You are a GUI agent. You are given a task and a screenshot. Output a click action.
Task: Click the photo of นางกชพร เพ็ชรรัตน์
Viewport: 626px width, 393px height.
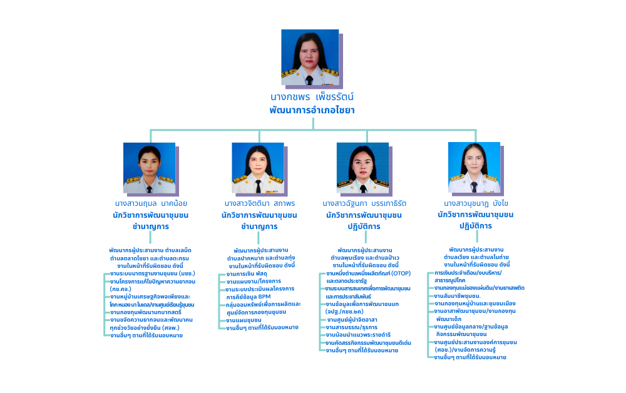pos(310,57)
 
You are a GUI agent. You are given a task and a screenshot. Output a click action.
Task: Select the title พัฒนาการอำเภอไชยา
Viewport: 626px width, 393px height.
pos(312,110)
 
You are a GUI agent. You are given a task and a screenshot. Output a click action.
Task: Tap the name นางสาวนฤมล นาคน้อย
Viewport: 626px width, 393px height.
pos(151,203)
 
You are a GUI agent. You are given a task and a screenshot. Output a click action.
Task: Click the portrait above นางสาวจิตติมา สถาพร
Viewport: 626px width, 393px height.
pos(258,168)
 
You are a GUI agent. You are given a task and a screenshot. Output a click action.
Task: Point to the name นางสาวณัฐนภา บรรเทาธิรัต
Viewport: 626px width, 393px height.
pos(364,203)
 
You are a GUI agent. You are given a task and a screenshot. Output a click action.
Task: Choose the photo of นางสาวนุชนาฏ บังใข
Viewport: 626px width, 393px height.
pos(474,167)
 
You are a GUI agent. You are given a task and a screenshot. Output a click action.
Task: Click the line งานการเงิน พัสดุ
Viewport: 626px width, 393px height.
pos(246,274)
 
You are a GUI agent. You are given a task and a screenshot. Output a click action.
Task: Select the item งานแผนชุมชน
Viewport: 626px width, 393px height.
pos(244,320)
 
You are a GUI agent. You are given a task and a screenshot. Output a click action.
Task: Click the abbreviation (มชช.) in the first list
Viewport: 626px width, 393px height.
pos(187,274)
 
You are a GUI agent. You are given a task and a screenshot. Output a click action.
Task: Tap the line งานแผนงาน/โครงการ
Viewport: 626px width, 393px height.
pos(249,282)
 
